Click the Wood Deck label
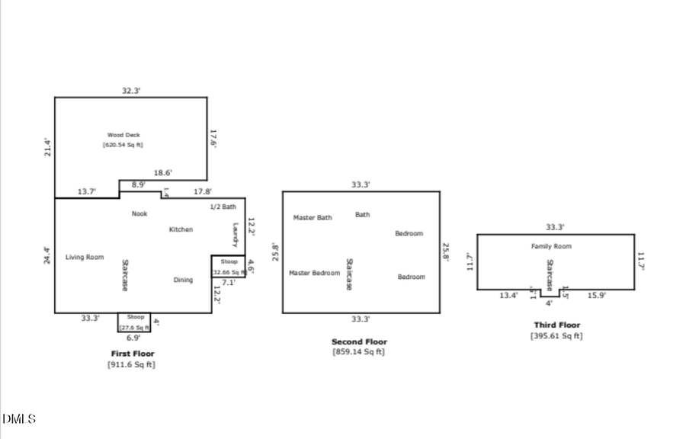point(123,135)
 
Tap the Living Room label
point(84,258)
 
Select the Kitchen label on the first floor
point(181,229)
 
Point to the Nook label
point(139,214)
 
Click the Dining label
point(183,280)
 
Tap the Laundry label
point(236,234)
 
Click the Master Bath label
point(313,218)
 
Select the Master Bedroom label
point(314,273)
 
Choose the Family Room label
point(551,246)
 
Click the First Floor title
point(133,354)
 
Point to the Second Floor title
point(359,342)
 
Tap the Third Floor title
point(556,325)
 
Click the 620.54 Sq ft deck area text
point(123,145)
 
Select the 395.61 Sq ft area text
point(556,335)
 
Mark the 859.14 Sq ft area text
point(358,352)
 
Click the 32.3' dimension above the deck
point(131,91)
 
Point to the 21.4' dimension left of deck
point(47,147)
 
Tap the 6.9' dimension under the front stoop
point(133,338)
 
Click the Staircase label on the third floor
point(549,274)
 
